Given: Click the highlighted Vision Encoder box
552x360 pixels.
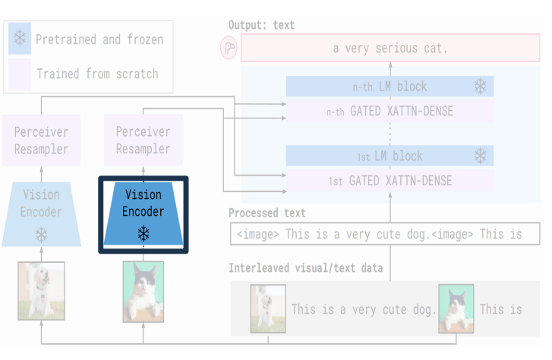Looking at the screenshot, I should pyautogui.click(x=144, y=214).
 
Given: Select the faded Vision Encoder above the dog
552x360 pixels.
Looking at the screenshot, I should pyautogui.click(x=41, y=213).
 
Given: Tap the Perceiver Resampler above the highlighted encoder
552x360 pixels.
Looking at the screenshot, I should pyautogui.click(x=144, y=141).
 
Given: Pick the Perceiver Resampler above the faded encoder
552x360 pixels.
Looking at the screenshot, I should pyautogui.click(x=41, y=141).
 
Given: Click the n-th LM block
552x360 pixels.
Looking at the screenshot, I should pyautogui.click(x=390, y=87).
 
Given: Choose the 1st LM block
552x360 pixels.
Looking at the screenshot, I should pyautogui.click(x=390, y=156).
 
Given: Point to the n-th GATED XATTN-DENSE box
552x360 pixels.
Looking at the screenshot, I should pyautogui.click(x=390, y=112).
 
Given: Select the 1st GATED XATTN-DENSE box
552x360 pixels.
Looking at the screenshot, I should pyautogui.click(x=390, y=181).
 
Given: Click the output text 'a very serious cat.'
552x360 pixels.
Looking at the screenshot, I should pyautogui.click(x=390, y=49).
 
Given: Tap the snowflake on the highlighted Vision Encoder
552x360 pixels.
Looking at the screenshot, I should pyautogui.click(x=143, y=233).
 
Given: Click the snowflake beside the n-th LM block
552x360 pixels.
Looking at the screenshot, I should pyautogui.click(x=480, y=87).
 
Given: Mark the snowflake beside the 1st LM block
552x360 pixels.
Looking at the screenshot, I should pyautogui.click(x=480, y=156).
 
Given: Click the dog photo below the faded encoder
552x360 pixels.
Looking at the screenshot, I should pyautogui.click(x=38, y=291).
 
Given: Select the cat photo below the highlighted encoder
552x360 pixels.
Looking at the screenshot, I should pyautogui.click(x=143, y=292).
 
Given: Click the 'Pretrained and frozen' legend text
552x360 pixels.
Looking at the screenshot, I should pyautogui.click(x=99, y=39).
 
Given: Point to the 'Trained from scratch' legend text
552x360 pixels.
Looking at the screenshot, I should pyautogui.click(x=97, y=74).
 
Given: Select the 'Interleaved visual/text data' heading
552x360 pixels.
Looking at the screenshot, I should pyautogui.click(x=306, y=268).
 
